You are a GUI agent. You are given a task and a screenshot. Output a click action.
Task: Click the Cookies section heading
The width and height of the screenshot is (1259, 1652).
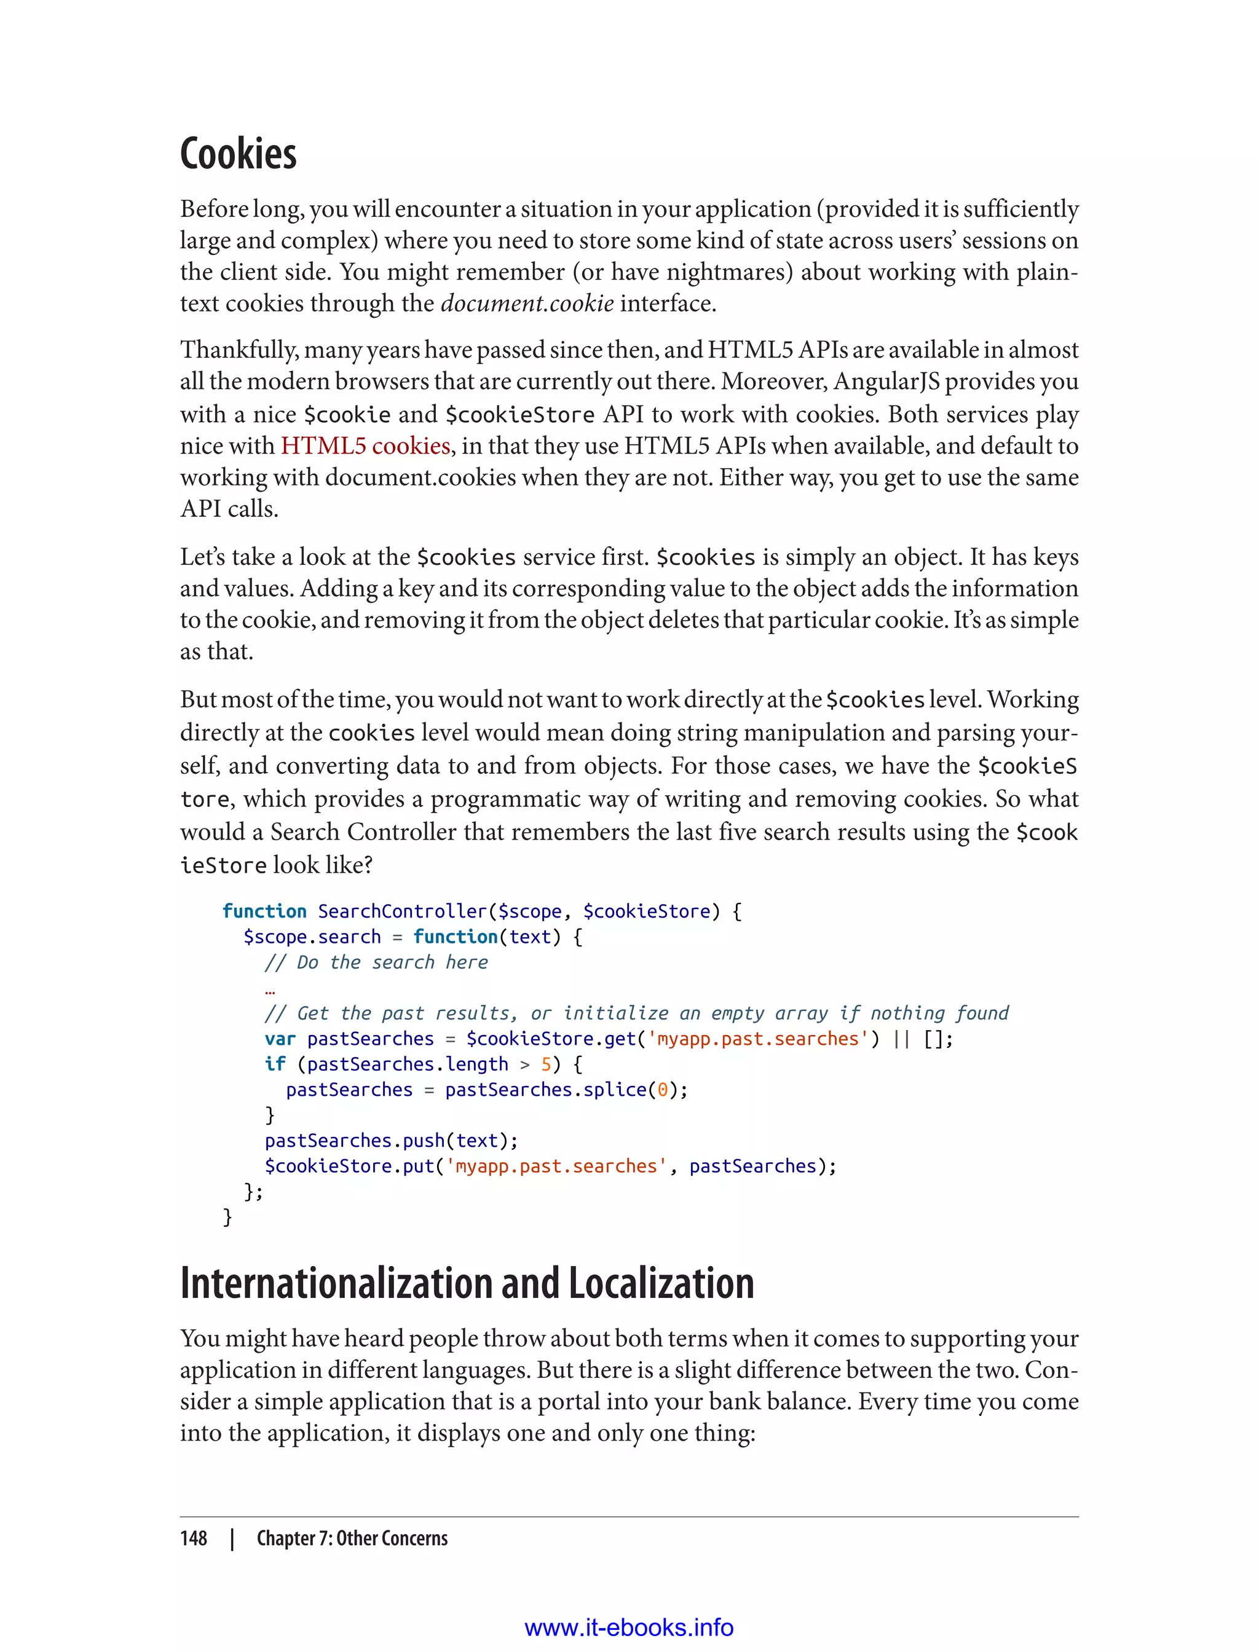(239, 154)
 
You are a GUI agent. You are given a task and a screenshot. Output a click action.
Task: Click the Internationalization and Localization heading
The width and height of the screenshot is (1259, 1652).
(466, 1283)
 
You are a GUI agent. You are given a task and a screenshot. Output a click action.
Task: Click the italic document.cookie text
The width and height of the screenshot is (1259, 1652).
(527, 304)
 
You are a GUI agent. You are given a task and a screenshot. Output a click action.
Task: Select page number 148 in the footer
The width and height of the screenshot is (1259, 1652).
(194, 1538)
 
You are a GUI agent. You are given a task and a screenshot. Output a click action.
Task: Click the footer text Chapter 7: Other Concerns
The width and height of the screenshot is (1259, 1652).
(352, 1538)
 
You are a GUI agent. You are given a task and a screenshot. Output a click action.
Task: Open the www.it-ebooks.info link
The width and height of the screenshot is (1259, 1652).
(628, 1627)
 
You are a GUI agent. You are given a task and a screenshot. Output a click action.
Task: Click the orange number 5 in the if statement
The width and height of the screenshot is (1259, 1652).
(547, 1064)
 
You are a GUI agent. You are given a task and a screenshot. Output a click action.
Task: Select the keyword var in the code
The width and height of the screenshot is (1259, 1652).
(280, 1039)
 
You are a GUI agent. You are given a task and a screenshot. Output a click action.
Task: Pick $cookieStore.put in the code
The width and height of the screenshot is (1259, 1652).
(349, 1166)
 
